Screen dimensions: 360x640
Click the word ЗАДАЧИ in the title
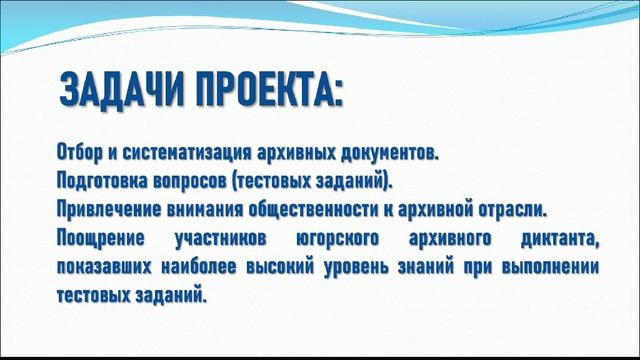[121, 91]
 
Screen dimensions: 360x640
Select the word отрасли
[518, 211]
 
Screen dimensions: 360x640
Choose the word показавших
[103, 268]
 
